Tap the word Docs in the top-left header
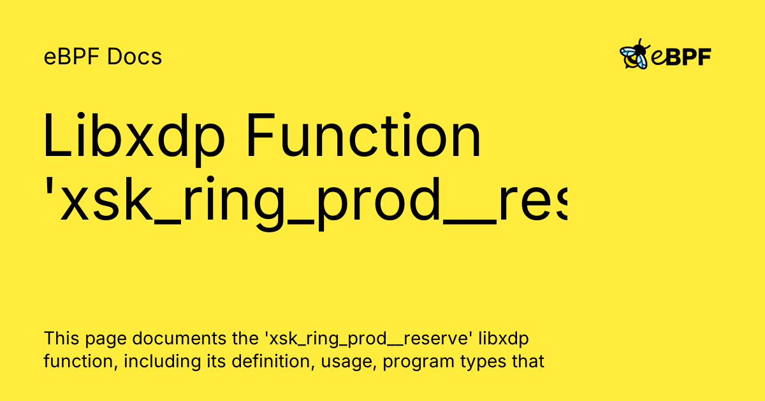click(135, 57)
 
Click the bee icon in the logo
click(635, 55)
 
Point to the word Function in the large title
click(363, 137)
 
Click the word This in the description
click(61, 338)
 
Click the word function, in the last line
click(80, 362)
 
